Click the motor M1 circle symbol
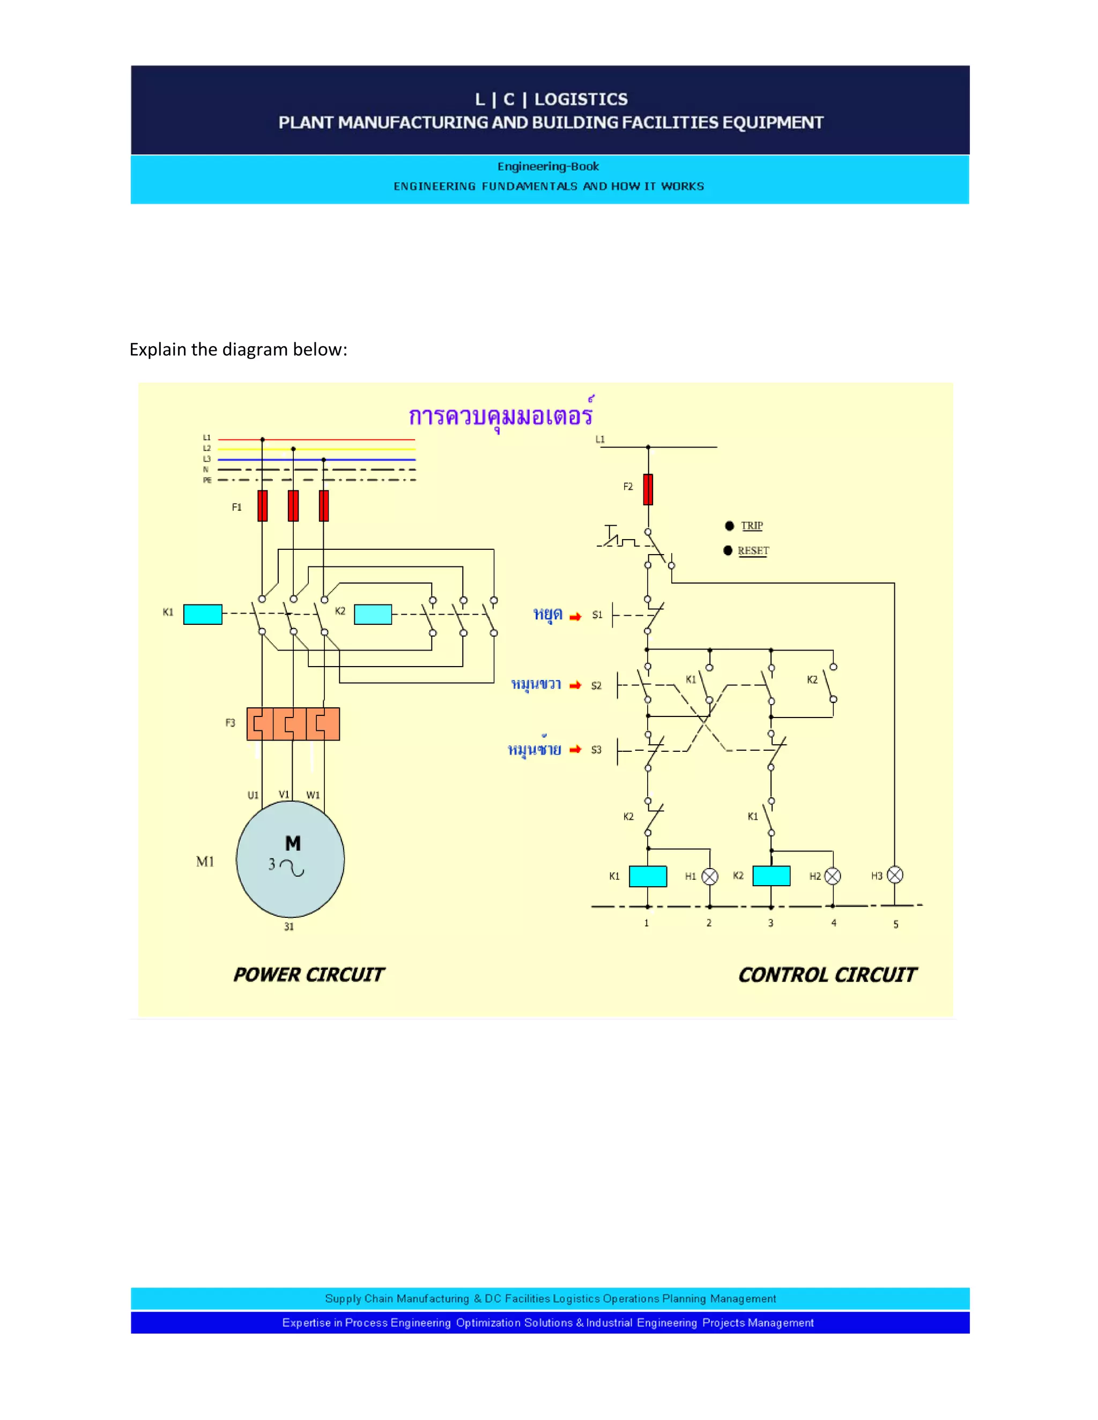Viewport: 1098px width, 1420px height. pos(290,860)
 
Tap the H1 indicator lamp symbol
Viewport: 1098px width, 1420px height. pos(710,877)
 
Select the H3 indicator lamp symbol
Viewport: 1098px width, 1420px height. pos(895,875)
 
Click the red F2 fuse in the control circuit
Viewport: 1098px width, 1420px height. pos(648,490)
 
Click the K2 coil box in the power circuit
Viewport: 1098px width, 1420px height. pos(373,614)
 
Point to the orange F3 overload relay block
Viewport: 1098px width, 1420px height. pos(293,723)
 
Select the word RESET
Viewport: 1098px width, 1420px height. pos(753,551)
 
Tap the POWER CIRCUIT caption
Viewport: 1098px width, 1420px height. pos(308,975)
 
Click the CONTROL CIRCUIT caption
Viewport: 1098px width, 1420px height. pos(827,975)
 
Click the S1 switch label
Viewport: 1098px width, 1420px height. pos(597,615)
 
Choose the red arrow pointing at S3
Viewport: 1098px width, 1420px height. pos(575,750)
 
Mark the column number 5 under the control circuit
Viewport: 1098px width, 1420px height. pos(896,924)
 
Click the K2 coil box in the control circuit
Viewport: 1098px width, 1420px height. pos(771,876)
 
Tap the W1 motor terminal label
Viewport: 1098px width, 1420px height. pos(313,795)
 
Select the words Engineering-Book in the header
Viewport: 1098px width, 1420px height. pos(548,167)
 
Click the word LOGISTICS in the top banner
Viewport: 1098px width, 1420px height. pos(581,100)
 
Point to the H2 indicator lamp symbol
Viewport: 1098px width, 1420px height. pos(833,877)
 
